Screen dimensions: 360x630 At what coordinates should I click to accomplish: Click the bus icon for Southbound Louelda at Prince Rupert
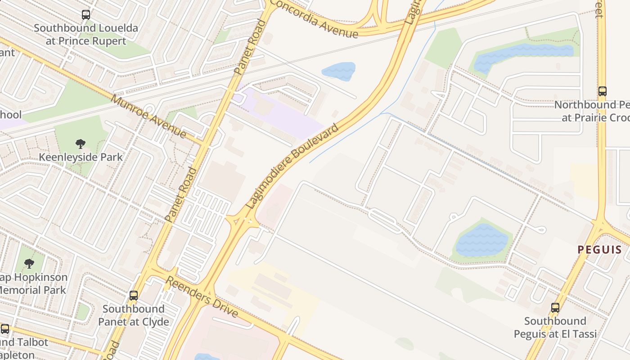(x=85, y=15)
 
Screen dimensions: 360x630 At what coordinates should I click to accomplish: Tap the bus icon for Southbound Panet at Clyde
(x=134, y=296)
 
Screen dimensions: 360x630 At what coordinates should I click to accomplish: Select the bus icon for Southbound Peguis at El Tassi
(x=555, y=308)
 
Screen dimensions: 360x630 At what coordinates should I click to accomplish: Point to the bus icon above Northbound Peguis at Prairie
(x=602, y=91)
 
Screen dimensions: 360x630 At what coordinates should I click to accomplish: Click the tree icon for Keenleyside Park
(x=81, y=144)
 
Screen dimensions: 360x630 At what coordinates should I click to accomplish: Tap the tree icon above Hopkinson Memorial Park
(x=29, y=263)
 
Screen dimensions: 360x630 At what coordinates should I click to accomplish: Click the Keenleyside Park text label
(x=81, y=157)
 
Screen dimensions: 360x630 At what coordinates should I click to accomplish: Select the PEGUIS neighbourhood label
(x=600, y=250)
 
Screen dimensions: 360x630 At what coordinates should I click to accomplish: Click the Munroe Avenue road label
(x=148, y=116)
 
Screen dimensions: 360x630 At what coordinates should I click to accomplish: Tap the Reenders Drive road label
(x=202, y=297)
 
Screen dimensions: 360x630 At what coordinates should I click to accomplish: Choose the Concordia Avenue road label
(x=315, y=19)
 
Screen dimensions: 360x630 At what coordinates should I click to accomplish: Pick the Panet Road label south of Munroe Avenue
(x=181, y=194)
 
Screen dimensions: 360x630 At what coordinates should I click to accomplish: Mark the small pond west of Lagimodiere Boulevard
(x=338, y=72)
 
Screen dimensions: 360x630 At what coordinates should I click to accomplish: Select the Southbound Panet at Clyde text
(x=134, y=315)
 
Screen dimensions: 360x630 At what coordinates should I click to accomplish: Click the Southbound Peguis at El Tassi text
(x=555, y=327)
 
